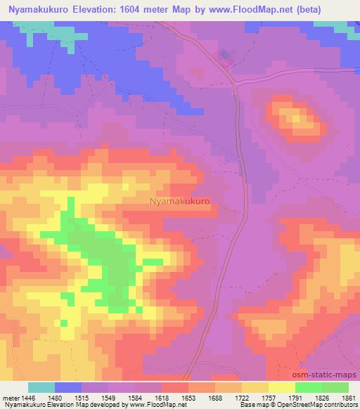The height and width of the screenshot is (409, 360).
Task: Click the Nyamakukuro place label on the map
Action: tap(180, 200)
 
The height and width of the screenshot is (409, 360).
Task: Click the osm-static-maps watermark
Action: tap(324, 375)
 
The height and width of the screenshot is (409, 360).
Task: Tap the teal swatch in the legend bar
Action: tap(41, 387)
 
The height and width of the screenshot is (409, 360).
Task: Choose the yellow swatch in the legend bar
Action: tap(282, 387)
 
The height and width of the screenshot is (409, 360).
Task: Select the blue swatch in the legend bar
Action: tap(68, 387)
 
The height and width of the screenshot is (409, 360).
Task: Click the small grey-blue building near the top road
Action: tap(224, 54)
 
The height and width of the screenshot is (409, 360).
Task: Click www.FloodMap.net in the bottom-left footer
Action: tap(148, 405)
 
